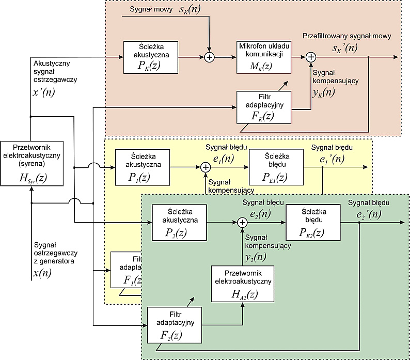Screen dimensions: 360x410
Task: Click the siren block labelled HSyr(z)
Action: coord(32,163)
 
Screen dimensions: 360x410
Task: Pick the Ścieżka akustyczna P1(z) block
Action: coord(139,167)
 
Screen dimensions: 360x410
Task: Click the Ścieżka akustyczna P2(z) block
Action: coord(179,222)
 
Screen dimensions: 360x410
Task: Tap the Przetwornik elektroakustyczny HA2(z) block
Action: coord(242,284)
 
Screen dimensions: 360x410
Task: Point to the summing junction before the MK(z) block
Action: coord(209,57)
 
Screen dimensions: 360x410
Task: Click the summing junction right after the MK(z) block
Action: coord(310,57)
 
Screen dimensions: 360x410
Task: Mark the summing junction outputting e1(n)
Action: coord(205,167)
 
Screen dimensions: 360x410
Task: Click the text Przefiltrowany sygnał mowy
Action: coord(346,36)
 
